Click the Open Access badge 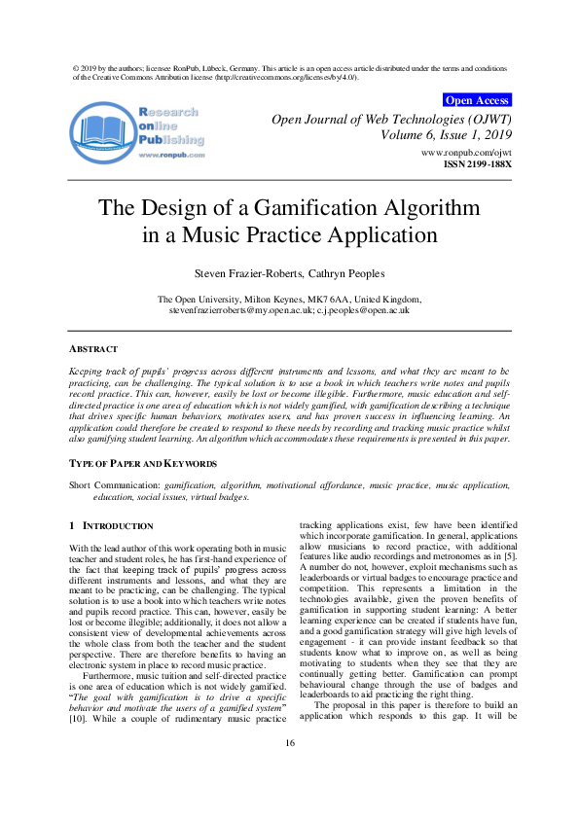(476, 99)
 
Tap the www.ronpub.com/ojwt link (465, 153)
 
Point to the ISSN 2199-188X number (477, 164)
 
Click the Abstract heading (93, 348)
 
